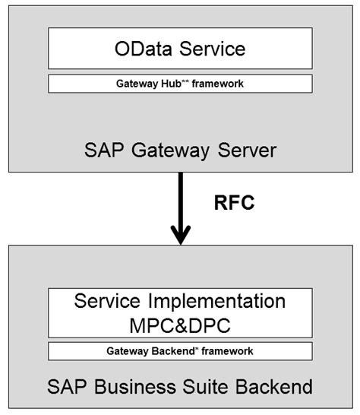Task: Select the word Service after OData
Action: [x=210, y=49]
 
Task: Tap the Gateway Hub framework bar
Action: [x=180, y=84]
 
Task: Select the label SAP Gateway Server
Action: [x=179, y=150]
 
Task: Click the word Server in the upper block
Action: [x=244, y=150]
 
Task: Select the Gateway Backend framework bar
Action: [x=180, y=351]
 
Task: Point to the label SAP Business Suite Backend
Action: [x=180, y=387]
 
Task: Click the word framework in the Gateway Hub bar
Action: [x=219, y=84]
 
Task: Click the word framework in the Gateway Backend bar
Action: [x=229, y=351]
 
